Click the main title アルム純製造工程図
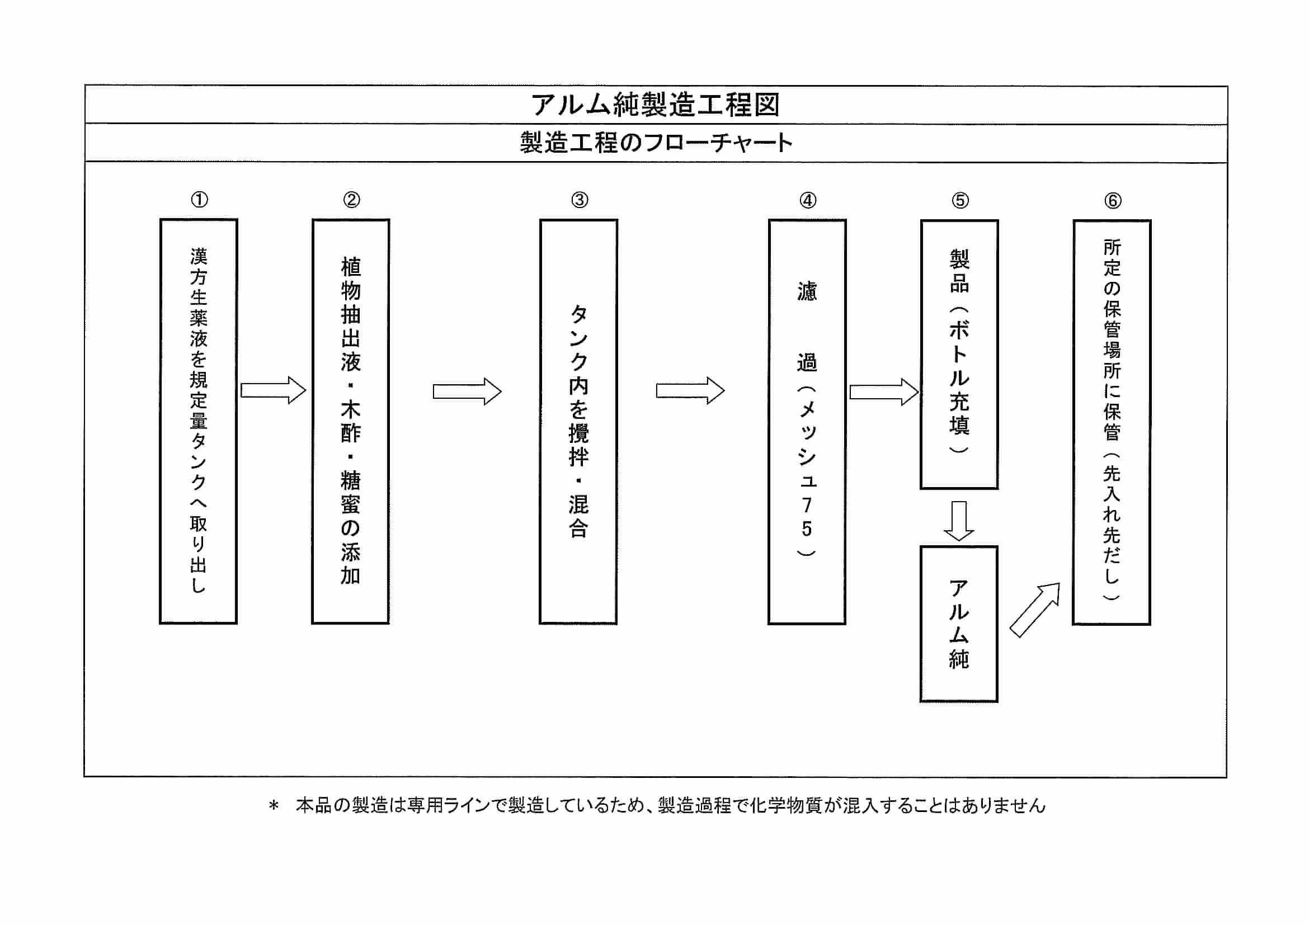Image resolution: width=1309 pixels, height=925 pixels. point(655,105)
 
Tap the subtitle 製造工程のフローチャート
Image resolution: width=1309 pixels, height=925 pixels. point(656,143)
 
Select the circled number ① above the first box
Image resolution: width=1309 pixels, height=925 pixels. point(199,200)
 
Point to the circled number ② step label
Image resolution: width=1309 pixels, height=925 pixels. point(351,200)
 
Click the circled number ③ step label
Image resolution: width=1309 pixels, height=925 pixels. point(579,200)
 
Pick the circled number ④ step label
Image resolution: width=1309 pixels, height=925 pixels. point(808,201)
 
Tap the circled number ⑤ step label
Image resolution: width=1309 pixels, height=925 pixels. point(960,201)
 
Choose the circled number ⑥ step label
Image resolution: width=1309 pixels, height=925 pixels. point(1112,201)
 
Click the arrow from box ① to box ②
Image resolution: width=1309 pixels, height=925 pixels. point(274,390)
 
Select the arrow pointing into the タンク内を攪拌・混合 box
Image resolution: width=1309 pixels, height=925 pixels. point(467,391)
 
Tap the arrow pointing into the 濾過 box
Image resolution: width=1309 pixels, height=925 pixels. point(690,391)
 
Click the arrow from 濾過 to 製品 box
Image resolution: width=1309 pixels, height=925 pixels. point(883,392)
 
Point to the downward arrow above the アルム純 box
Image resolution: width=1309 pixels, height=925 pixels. point(959,520)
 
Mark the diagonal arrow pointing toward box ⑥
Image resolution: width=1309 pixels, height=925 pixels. point(1034,610)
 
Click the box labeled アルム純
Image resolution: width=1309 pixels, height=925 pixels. point(959,624)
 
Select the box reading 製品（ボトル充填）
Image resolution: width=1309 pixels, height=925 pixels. point(959,354)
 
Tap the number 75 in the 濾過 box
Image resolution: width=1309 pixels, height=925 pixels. point(806,517)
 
